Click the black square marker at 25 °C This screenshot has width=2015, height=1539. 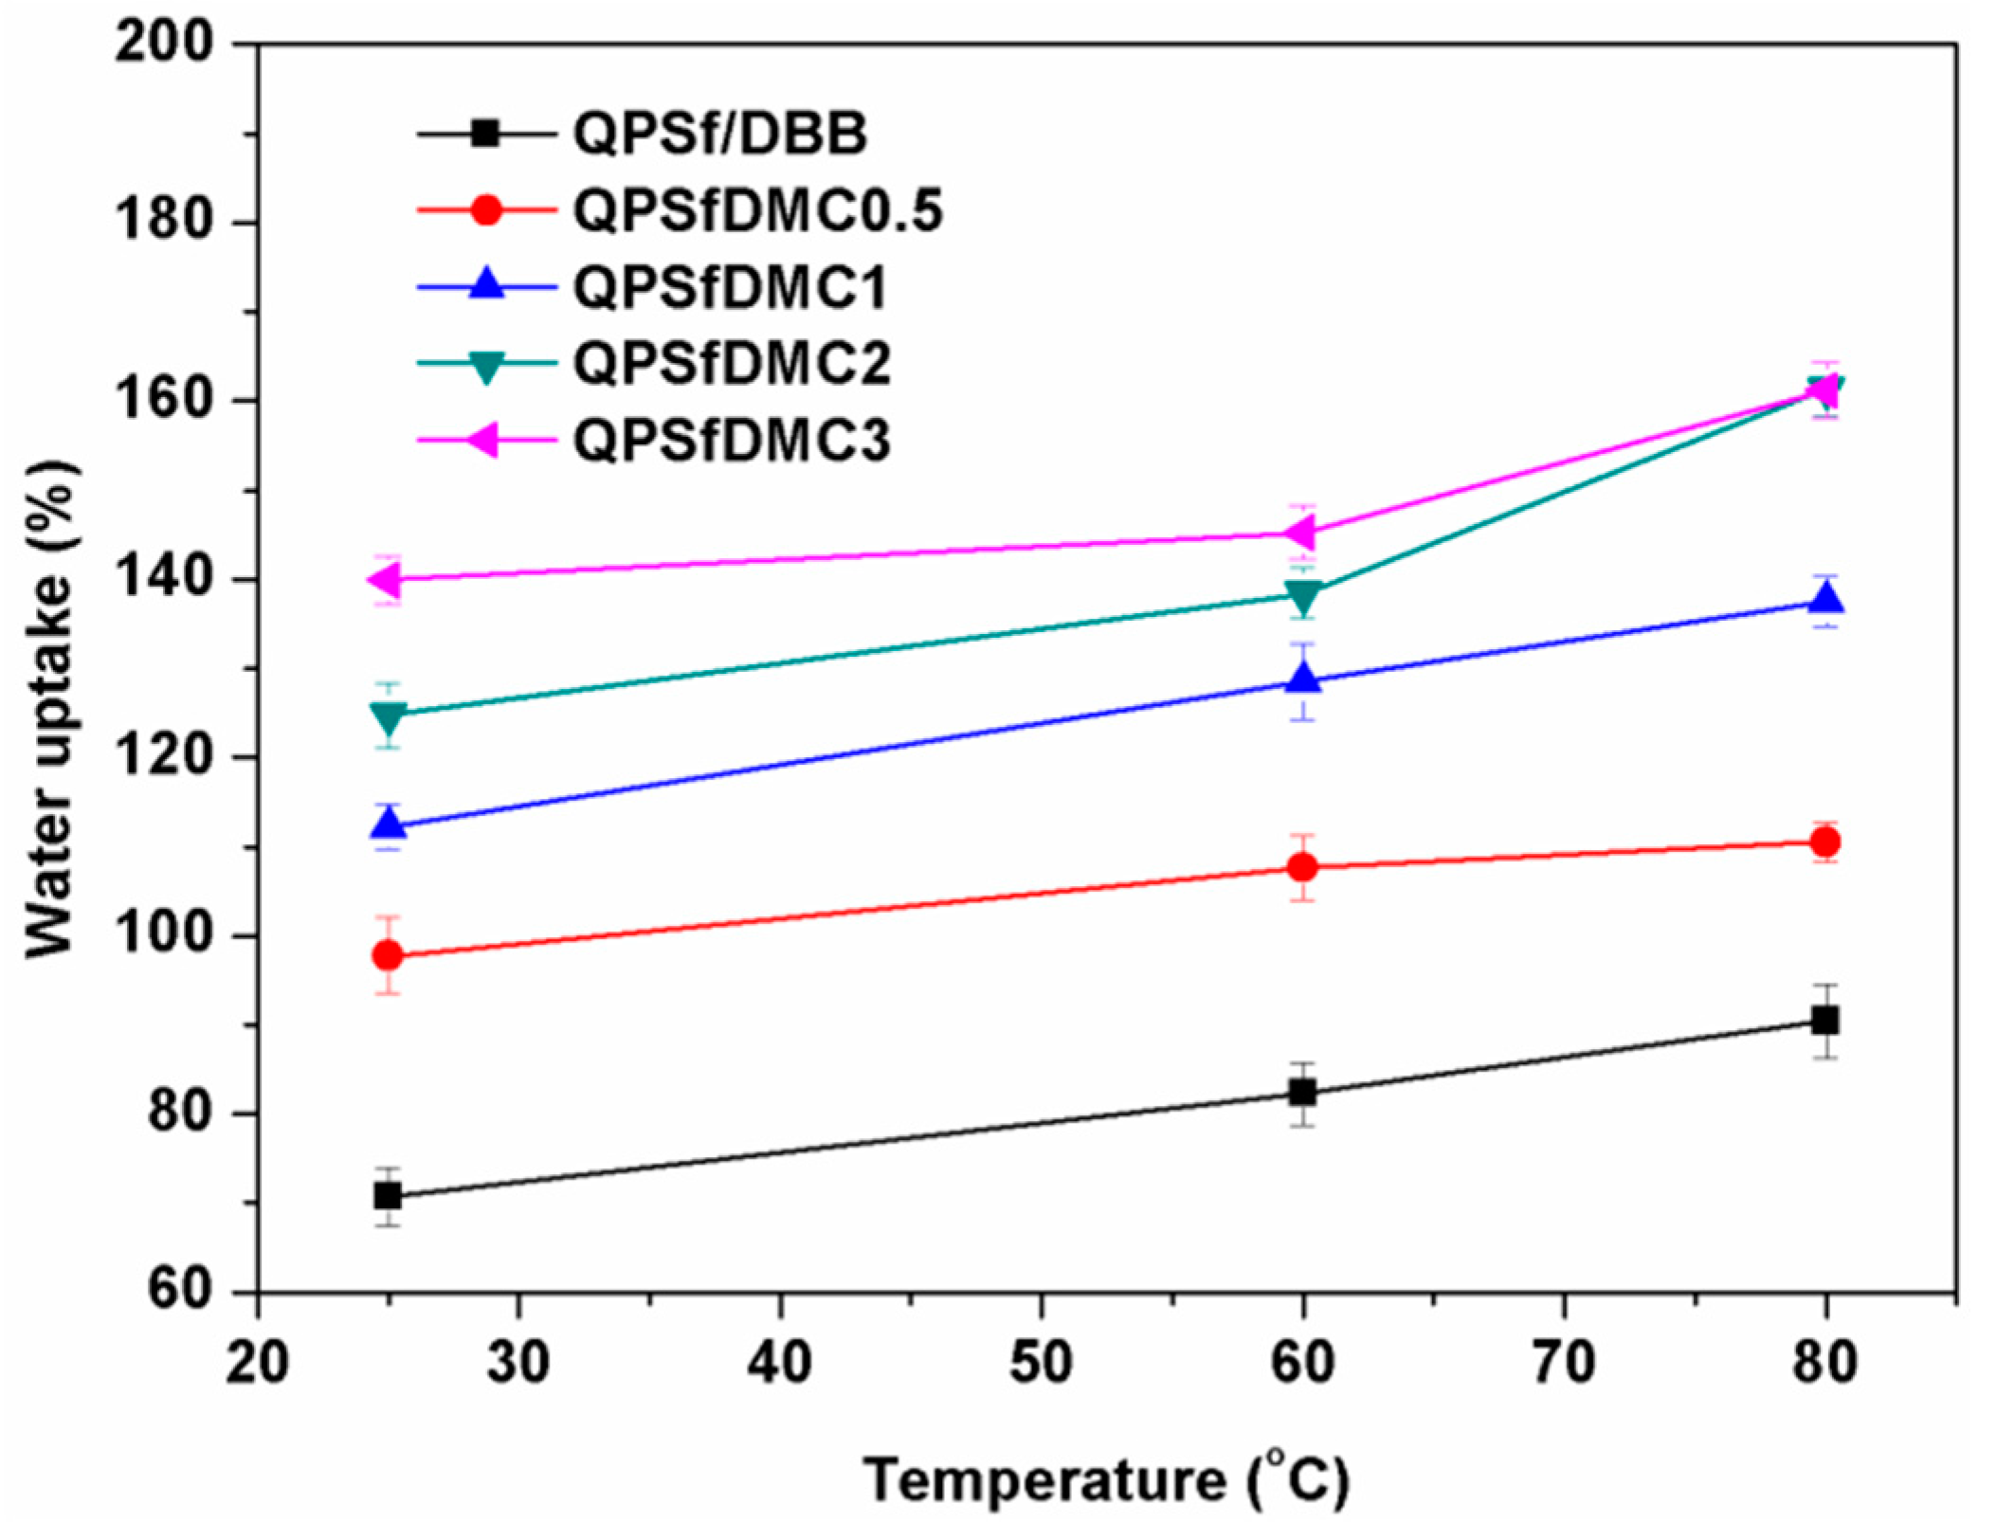click(x=388, y=1196)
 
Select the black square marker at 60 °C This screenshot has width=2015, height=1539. click(x=1303, y=1093)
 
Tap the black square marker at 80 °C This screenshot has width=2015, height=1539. click(x=1825, y=1021)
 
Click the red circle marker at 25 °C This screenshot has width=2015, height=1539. click(x=388, y=955)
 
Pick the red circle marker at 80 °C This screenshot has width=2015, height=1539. click(x=1825, y=842)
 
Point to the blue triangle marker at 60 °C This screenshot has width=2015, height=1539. click(x=1303, y=679)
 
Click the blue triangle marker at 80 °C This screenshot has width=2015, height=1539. click(x=1825, y=600)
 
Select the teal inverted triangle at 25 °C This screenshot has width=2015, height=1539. click(x=388, y=716)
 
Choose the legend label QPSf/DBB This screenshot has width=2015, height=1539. click(x=720, y=134)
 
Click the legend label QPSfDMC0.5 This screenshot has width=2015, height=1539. click(x=758, y=210)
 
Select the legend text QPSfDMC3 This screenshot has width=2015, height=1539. click(x=733, y=441)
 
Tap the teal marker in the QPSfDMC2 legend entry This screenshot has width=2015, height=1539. click(x=486, y=365)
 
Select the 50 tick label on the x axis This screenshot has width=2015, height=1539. click(x=1041, y=1363)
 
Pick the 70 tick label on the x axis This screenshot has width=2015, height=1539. click(x=1564, y=1363)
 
